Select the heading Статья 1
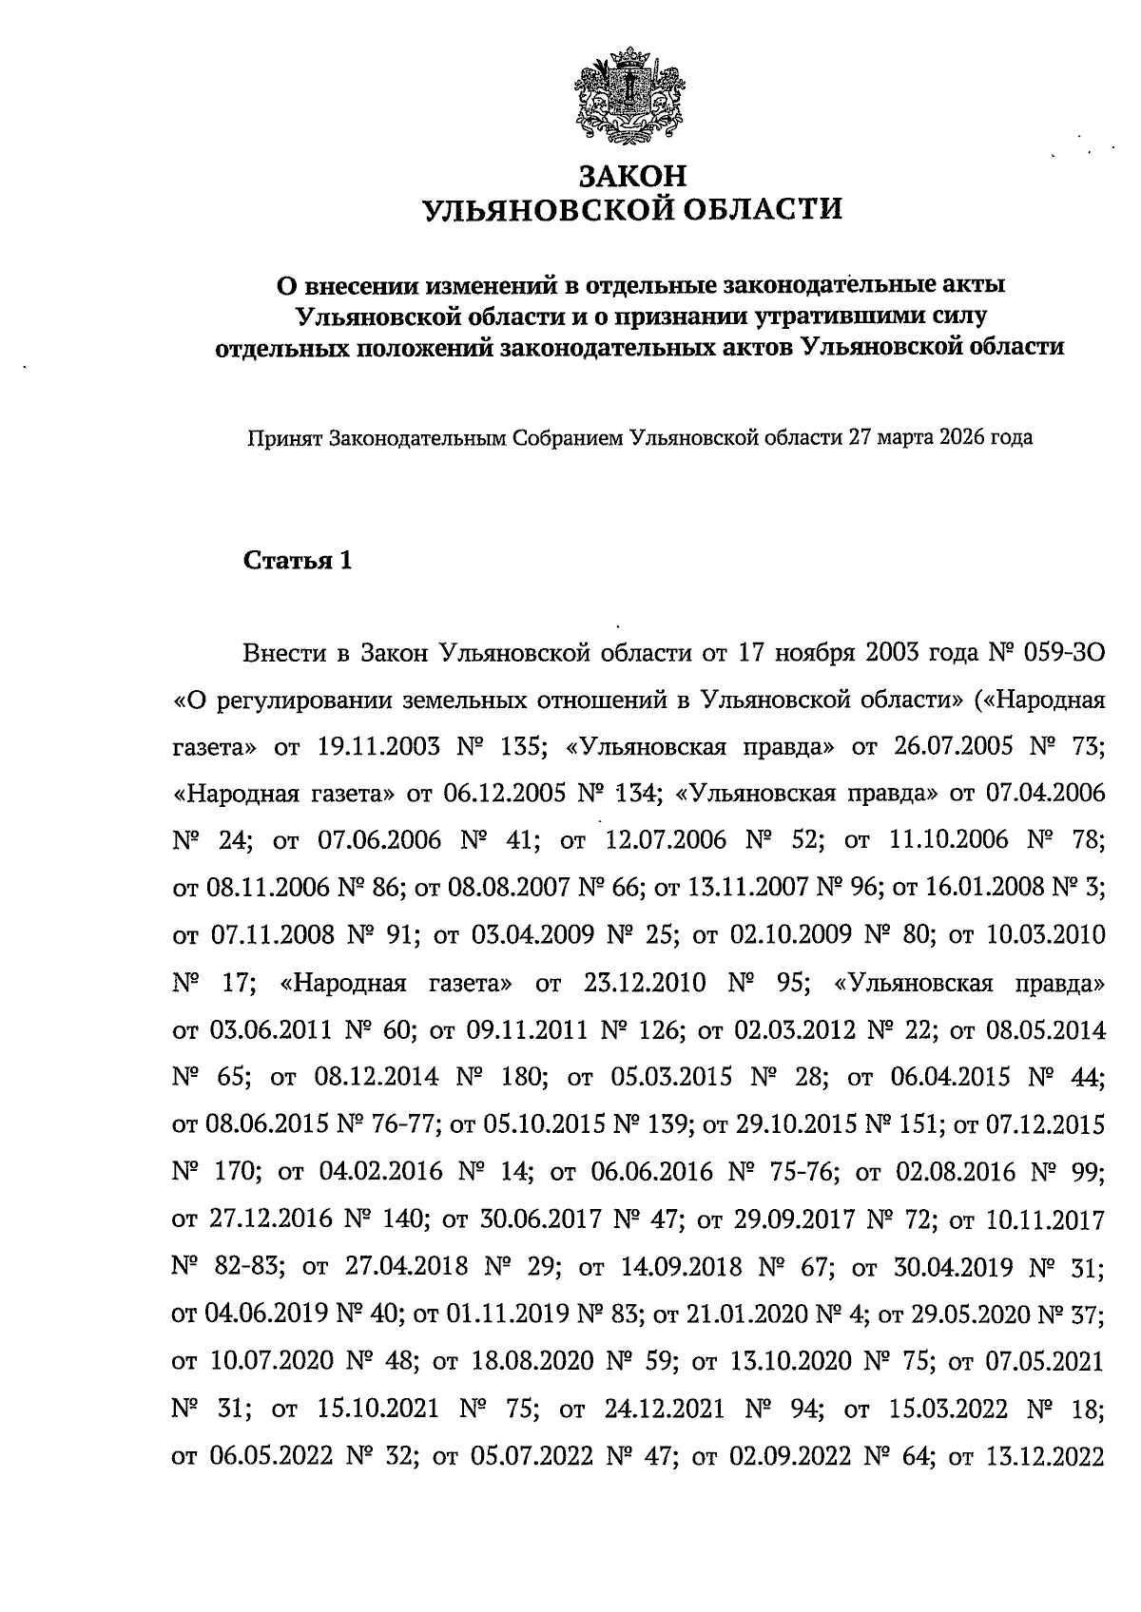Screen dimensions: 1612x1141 click(x=299, y=561)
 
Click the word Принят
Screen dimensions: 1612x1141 click(x=284, y=438)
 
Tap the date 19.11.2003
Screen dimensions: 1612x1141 click(x=376, y=748)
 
